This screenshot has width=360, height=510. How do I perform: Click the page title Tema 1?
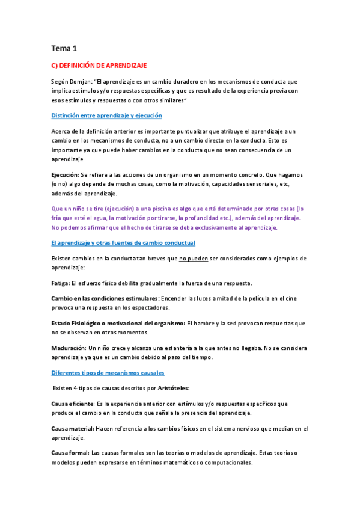[x=64, y=48]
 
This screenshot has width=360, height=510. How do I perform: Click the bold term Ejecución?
[x=67, y=174]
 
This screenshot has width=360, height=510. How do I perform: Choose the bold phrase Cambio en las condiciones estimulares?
[x=105, y=298]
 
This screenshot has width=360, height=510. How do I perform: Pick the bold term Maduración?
[x=69, y=348]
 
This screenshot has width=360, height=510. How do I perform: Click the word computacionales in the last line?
[x=225, y=463]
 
